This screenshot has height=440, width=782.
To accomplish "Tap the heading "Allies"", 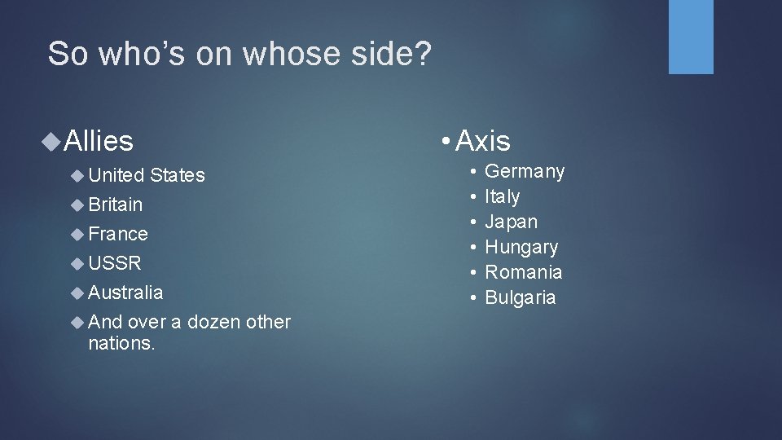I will (98, 141).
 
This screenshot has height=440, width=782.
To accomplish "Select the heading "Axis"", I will (482, 141).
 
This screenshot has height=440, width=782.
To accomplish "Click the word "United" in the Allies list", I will (116, 175).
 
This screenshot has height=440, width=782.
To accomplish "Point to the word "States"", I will (178, 175).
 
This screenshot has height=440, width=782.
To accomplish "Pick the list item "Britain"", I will (115, 205).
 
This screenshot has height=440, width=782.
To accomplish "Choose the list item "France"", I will (118, 234).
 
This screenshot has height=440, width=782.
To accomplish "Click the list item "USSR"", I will (115, 263).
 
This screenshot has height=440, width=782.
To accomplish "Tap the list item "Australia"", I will (125, 293).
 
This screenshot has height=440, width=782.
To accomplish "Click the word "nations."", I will (121, 343).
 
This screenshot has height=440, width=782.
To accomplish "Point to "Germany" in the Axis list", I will (525, 171).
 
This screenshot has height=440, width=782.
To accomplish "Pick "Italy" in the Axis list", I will (502, 196).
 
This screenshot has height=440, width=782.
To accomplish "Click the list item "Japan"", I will (511, 222).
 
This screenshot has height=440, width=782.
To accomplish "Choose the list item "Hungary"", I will (521, 247).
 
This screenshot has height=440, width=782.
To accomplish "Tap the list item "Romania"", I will (524, 272).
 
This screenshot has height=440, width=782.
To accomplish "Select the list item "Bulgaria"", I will (521, 297).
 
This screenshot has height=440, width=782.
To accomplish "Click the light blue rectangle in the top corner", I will (691, 37).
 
